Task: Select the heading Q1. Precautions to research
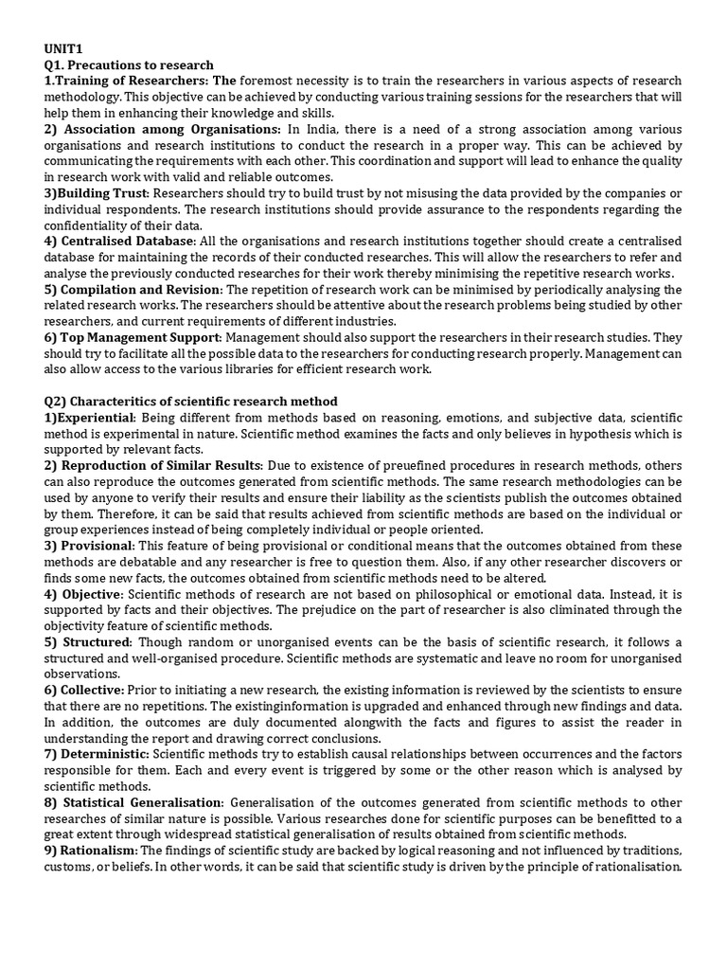click(x=129, y=65)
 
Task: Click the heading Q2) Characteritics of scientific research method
click(x=190, y=402)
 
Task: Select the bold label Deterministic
click(x=103, y=754)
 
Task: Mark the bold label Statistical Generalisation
click(x=142, y=802)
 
